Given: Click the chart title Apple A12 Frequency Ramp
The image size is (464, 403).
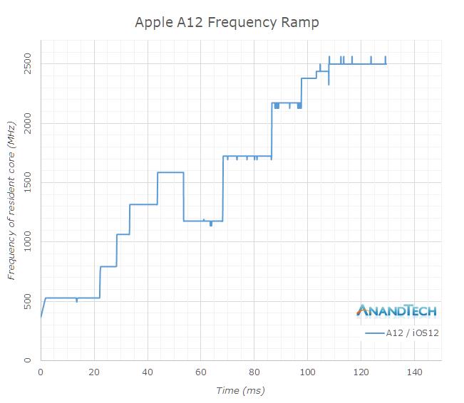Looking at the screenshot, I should [x=227, y=22].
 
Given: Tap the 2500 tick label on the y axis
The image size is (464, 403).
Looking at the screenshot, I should [x=27, y=64].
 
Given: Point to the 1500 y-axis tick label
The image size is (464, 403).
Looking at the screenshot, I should [x=27, y=182].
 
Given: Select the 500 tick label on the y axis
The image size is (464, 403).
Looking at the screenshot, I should [x=27, y=301].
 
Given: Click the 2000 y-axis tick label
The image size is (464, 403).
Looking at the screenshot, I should [x=27, y=123].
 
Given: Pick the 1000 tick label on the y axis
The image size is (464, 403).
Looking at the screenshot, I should [x=27, y=242].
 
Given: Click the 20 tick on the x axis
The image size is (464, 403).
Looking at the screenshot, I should [x=94, y=372].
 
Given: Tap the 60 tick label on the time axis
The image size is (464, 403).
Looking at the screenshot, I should [x=201, y=372].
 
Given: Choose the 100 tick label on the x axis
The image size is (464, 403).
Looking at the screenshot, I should [x=308, y=372].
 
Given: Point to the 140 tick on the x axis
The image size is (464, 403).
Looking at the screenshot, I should [x=415, y=372].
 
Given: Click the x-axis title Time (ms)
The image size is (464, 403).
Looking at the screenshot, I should [x=240, y=390].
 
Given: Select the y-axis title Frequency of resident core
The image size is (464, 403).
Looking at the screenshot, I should [x=11, y=210].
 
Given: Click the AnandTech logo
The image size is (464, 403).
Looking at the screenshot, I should [x=396, y=310].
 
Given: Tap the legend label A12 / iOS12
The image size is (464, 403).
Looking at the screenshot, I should [x=411, y=333].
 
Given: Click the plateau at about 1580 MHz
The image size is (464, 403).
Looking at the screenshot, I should [x=170, y=172].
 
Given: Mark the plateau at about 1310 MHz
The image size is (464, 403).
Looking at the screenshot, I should [x=143, y=204].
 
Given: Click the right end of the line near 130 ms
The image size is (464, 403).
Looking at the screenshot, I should [x=386, y=64].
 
